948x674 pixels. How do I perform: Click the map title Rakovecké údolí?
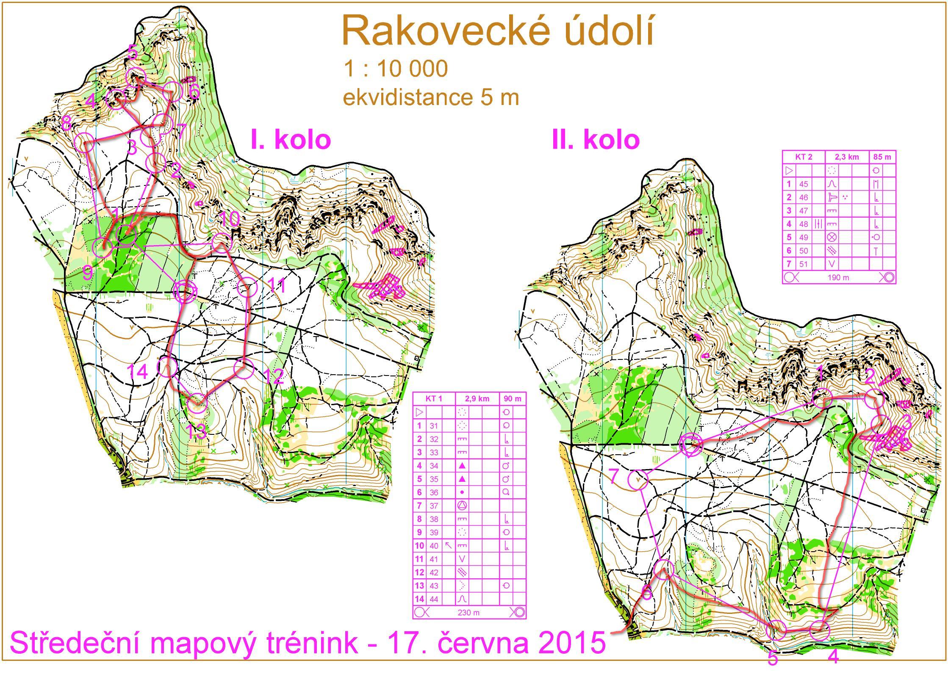click(498, 32)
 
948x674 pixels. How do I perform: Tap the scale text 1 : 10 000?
click(396, 69)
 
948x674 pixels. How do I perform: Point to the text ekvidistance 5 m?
click(430, 98)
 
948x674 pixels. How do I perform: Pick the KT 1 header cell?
click(434, 398)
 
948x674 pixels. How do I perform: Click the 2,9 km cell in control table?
click(477, 398)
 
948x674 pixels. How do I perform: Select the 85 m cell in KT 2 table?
click(882, 157)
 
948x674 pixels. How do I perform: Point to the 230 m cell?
click(468, 612)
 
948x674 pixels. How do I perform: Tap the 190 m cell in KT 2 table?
click(839, 278)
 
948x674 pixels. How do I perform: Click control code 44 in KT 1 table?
click(434, 599)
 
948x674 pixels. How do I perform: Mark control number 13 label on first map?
click(196, 431)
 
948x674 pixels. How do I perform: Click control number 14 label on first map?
click(138, 372)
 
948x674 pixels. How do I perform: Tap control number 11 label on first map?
click(277, 286)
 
